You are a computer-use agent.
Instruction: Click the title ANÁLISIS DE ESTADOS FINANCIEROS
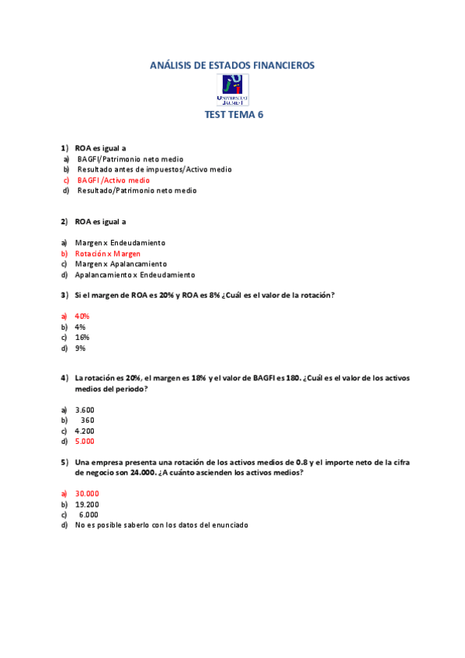click(232, 66)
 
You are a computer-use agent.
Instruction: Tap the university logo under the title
click(234, 90)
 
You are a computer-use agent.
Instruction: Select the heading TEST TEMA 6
click(234, 114)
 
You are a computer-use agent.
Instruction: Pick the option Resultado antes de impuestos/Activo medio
click(154, 169)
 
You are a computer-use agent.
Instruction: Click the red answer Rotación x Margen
click(108, 254)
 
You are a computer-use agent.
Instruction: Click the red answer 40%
click(82, 317)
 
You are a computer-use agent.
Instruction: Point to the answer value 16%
click(82, 338)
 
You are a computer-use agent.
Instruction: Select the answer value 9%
click(80, 348)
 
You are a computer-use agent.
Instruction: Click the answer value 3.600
click(85, 410)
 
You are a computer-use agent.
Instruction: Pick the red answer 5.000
click(85, 442)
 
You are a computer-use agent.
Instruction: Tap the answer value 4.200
click(85, 431)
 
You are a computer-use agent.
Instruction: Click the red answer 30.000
click(87, 493)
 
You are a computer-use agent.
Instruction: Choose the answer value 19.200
click(87, 504)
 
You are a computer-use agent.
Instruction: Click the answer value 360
click(87, 421)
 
